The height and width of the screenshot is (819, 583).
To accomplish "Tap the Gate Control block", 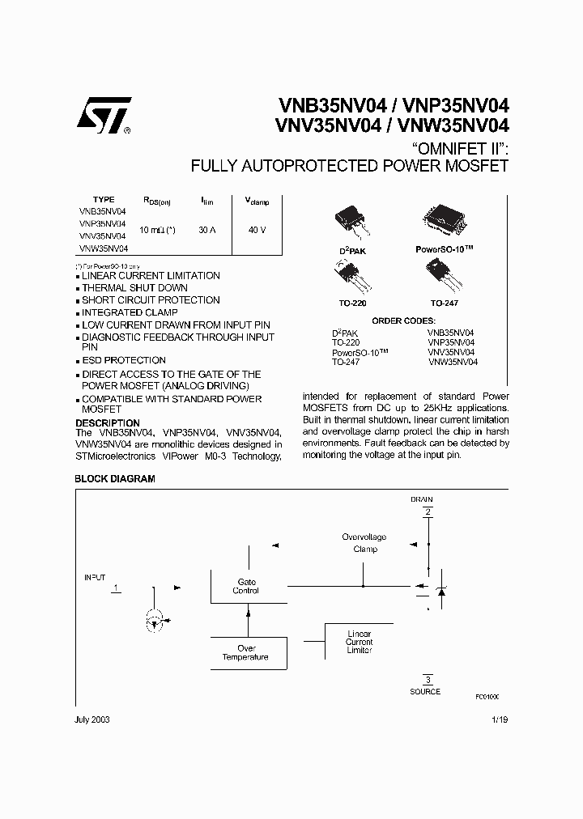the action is click(246, 586).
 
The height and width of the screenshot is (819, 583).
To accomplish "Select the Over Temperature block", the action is click(245, 652).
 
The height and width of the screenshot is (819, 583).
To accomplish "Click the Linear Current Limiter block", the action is click(359, 642).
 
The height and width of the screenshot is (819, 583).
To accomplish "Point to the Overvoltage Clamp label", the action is click(364, 542).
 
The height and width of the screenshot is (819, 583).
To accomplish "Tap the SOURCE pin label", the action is click(425, 691).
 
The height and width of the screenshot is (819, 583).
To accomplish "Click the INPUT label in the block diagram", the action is click(96, 577).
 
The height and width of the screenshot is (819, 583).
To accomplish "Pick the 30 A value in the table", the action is click(206, 230).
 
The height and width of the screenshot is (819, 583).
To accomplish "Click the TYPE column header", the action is click(104, 199).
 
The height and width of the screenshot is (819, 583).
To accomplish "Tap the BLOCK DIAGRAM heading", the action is click(115, 478).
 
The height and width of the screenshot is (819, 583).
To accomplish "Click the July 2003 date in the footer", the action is click(92, 719).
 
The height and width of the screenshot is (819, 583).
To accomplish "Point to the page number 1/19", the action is click(500, 719).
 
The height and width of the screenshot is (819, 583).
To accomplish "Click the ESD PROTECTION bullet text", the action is click(124, 360).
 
